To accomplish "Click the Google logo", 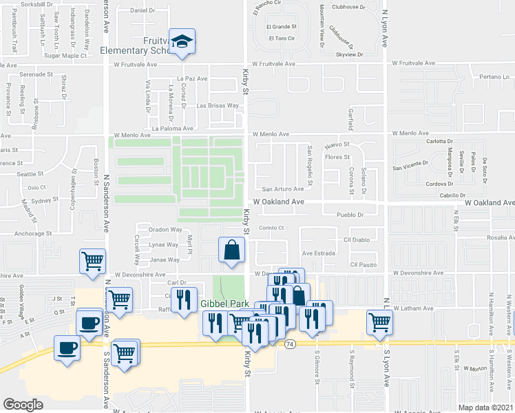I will pyautogui.click(x=23, y=404).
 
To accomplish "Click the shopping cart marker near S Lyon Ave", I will pyautogui.click(x=380, y=322).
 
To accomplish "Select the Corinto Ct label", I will pyautogui.click(x=271, y=228).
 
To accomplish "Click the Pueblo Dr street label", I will pyautogui.click(x=350, y=215).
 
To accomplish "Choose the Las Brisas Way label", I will pyautogui.click(x=218, y=106).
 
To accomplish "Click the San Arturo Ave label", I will pyautogui.click(x=282, y=189).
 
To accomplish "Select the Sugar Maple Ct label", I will pyautogui.click(x=64, y=56).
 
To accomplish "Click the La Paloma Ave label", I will pyautogui.click(x=175, y=128).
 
